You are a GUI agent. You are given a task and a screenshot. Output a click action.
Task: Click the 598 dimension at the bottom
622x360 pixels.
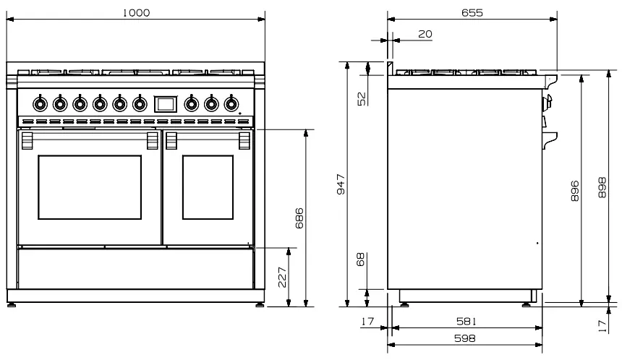pyautogui.click(x=465, y=338)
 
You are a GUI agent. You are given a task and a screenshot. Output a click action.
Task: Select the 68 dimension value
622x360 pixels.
pyautogui.click(x=361, y=260)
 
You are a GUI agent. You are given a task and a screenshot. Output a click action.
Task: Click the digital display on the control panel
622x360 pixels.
pyautogui.click(x=166, y=103)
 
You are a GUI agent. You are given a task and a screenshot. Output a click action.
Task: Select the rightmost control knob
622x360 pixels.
pyautogui.click(x=231, y=103)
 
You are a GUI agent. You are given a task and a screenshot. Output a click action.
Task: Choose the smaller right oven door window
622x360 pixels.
pyautogui.click(x=208, y=187)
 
